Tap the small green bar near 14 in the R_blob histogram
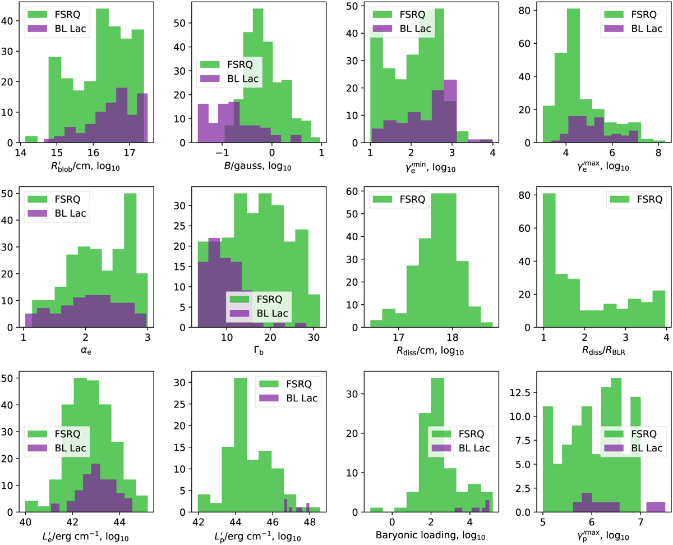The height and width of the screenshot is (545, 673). tap(31, 139)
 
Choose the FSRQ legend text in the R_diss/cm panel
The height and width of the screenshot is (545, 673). tap(405, 198)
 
